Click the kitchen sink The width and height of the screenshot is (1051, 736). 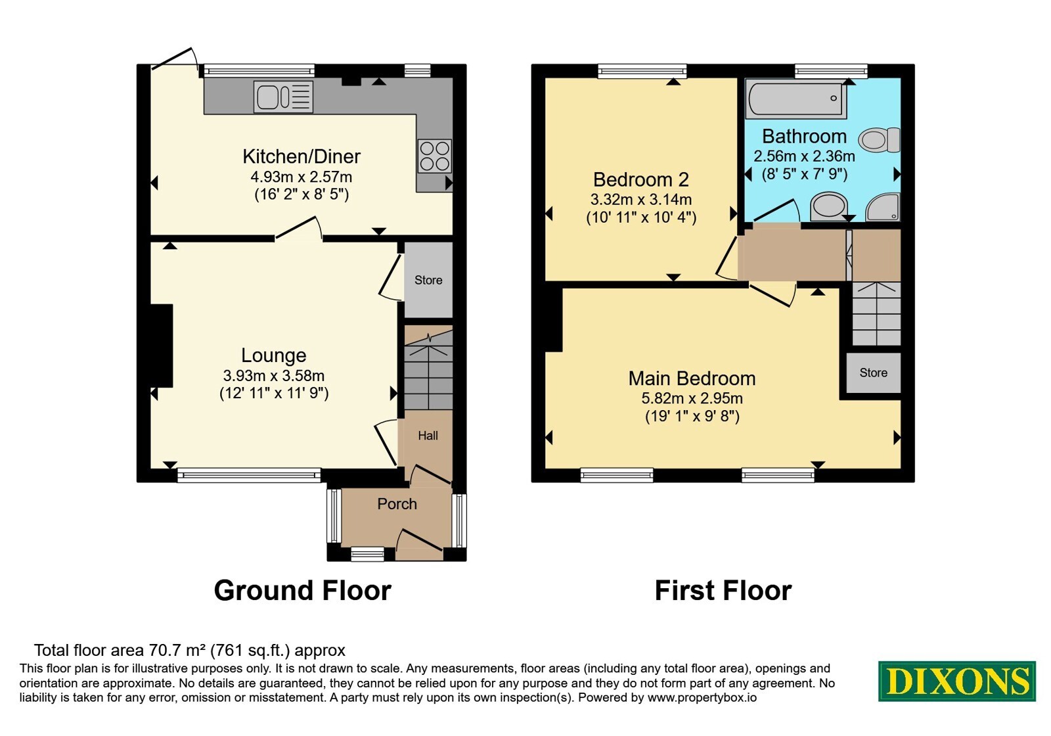click(283, 97)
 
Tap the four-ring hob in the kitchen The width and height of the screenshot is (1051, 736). click(434, 156)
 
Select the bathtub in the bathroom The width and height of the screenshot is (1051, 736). click(797, 99)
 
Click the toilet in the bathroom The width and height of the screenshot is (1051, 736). click(880, 140)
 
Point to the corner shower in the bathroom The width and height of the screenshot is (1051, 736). click(883, 206)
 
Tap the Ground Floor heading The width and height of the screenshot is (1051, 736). click(303, 590)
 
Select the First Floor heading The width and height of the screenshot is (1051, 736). click(723, 590)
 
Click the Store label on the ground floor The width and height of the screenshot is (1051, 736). click(428, 280)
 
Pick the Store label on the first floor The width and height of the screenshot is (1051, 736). click(873, 373)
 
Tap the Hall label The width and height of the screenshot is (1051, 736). click(428, 436)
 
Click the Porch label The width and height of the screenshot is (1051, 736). click(397, 503)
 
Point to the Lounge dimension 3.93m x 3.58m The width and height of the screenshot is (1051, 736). click(274, 375)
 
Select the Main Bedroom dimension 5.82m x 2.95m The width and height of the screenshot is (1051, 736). click(692, 398)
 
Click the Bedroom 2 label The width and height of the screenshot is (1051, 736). click(641, 179)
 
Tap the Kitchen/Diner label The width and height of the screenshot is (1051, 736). click(302, 156)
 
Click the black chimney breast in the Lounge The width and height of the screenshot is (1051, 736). click(161, 346)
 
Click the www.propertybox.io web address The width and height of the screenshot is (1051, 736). click(702, 697)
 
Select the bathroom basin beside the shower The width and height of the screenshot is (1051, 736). click(828, 206)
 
